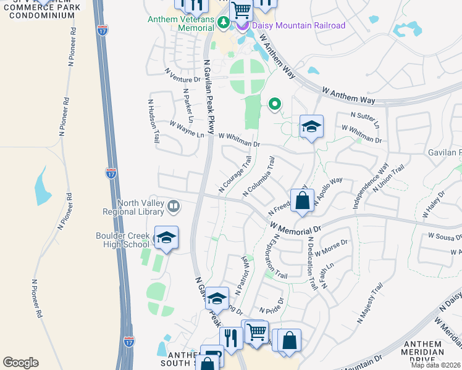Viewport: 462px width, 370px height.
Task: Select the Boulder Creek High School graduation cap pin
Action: point(166,238)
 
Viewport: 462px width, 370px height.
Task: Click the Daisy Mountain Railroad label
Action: point(299,25)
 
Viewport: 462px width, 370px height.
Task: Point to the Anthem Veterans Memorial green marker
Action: point(224,23)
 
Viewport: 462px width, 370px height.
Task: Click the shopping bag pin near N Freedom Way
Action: point(302,201)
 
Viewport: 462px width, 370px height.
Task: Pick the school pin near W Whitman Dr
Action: point(311,127)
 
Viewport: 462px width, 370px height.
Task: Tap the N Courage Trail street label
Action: point(235,173)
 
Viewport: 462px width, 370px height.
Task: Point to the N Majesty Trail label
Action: point(370,303)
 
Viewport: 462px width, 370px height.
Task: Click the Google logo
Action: point(20,363)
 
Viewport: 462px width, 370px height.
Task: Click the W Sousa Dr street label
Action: point(445,236)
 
